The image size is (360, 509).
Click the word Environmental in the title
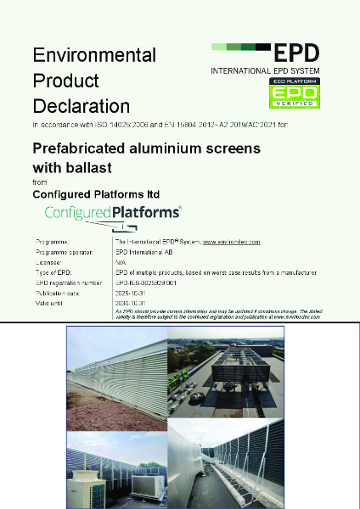coord(94,55)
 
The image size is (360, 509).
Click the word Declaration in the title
coord(82,106)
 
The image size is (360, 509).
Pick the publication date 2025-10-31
coord(131,293)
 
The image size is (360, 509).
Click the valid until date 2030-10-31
coord(131,302)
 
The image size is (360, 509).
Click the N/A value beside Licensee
coord(119,263)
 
